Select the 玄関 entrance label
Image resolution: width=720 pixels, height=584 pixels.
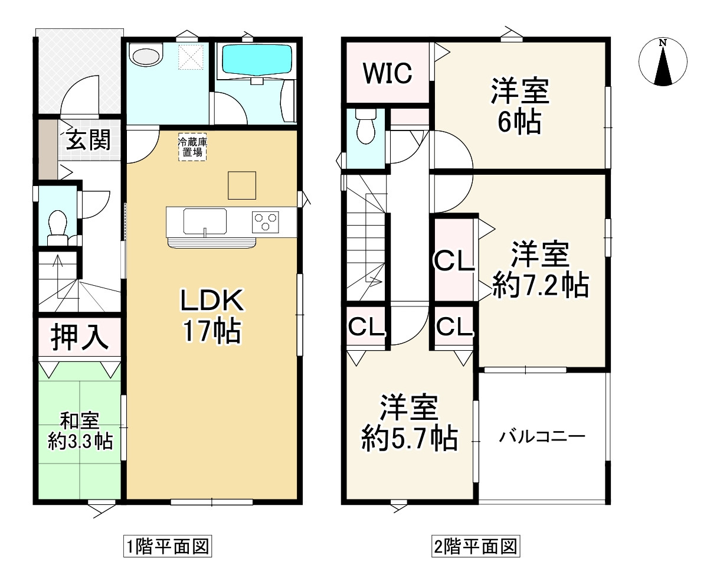click(89, 140)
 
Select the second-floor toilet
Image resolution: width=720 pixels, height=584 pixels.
click(366, 127)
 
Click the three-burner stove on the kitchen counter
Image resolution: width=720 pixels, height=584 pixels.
click(266, 222)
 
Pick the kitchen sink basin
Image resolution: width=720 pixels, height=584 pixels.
click(205, 221)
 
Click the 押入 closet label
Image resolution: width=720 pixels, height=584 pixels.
click(79, 337)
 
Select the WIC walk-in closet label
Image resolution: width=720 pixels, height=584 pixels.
click(387, 73)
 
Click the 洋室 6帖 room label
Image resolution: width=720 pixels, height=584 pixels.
click(520, 106)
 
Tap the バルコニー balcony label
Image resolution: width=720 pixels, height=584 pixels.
click(542, 437)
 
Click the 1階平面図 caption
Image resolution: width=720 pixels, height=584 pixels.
click(166, 546)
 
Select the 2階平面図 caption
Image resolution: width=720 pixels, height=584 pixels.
click(475, 546)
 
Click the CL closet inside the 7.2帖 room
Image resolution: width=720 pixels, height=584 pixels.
click(454, 260)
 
